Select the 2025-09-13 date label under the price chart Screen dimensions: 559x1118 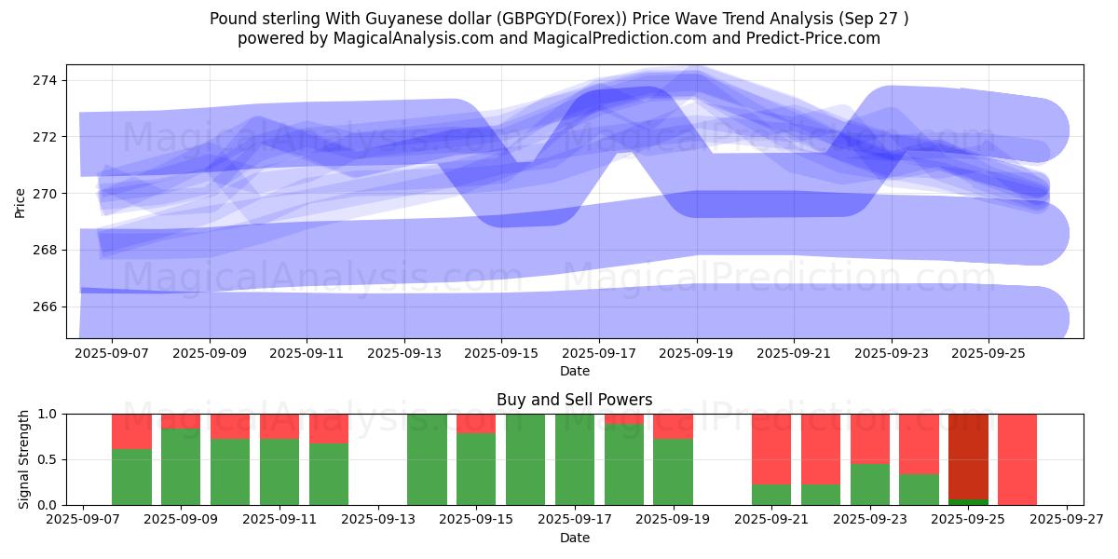[x=404, y=354]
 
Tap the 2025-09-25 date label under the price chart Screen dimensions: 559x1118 [x=988, y=354]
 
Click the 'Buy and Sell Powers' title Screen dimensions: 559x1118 [x=574, y=400]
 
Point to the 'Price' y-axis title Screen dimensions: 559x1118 [x=20, y=201]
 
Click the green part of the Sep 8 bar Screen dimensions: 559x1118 [x=131, y=477]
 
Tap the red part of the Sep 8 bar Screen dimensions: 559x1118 [x=131, y=431]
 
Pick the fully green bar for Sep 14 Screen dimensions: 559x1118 [x=427, y=459]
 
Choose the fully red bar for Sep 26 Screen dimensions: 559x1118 [x=1017, y=459]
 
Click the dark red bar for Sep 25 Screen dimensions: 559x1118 [x=968, y=457]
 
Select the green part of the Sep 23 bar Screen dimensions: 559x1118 [x=870, y=484]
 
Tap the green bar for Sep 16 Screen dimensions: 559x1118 [x=525, y=459]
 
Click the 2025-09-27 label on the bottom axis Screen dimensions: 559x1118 [x=1066, y=520]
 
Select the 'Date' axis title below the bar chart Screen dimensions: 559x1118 [x=574, y=538]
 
